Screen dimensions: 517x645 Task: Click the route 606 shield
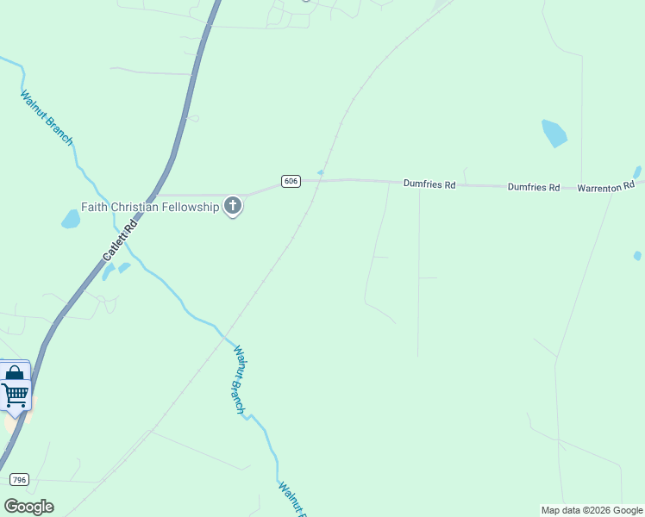(x=291, y=181)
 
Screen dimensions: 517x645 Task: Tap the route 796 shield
(x=19, y=478)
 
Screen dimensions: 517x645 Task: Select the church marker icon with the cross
(x=232, y=206)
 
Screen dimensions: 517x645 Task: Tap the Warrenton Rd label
(x=605, y=186)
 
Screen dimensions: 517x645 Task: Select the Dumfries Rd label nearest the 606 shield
(x=429, y=184)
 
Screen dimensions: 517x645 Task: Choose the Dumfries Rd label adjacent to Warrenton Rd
(x=534, y=187)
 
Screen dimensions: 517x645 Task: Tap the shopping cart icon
(x=15, y=396)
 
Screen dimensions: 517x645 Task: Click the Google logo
(x=28, y=507)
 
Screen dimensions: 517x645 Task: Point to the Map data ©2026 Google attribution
(x=592, y=510)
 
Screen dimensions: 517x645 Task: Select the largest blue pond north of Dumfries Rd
(x=554, y=133)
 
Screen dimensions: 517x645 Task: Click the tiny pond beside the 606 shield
(x=321, y=172)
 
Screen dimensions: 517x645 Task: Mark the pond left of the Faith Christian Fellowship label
(x=71, y=219)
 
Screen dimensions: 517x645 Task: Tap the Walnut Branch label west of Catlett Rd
(x=47, y=118)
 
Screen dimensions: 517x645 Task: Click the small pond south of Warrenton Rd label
(x=637, y=256)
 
